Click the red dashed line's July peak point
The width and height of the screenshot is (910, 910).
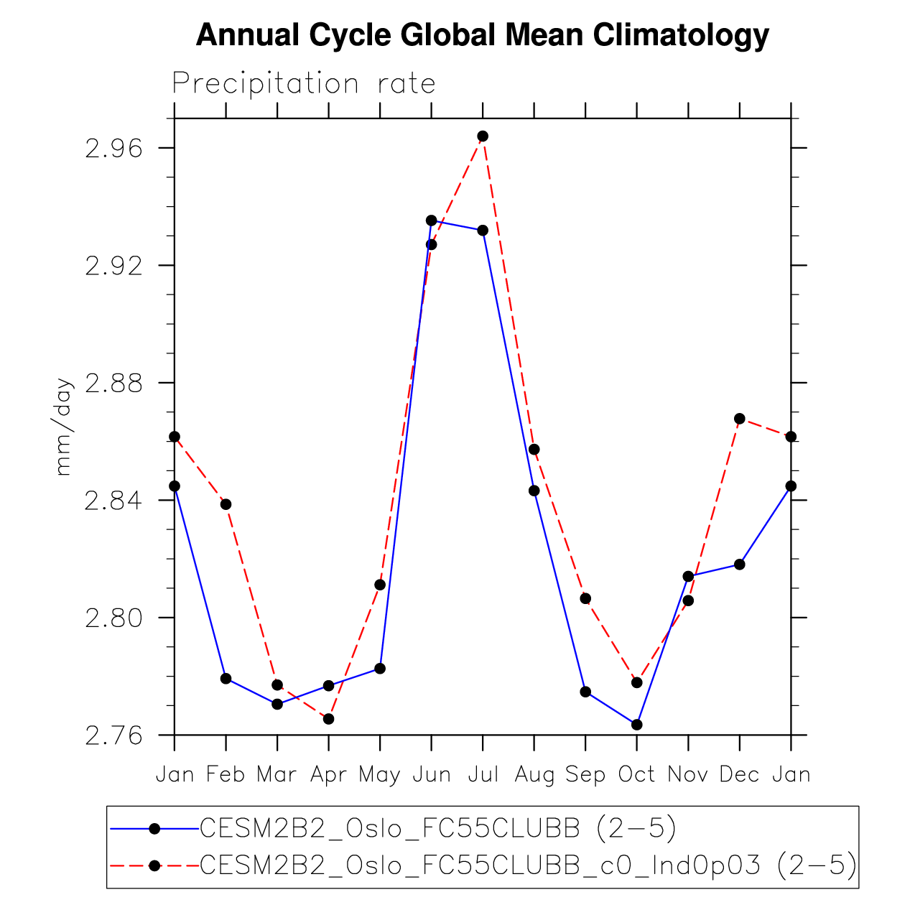(483, 136)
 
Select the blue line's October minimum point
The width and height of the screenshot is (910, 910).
(636, 725)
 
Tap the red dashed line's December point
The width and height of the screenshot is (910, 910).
(740, 419)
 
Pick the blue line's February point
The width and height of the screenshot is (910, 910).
(226, 679)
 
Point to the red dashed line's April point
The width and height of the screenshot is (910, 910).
(329, 719)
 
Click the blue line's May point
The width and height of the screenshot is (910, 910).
(380, 669)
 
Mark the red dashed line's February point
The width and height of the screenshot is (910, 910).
(226, 504)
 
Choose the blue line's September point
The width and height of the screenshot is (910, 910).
(585, 692)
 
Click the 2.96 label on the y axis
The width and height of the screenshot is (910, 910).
(114, 149)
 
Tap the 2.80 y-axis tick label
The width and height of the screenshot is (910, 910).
(114, 618)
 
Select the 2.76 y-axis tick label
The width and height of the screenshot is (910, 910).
(114, 735)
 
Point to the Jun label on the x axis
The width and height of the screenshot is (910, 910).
(432, 774)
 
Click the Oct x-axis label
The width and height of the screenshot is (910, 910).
(636, 774)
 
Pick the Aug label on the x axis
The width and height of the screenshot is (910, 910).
(534, 775)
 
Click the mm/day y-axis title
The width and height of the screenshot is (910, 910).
(65, 427)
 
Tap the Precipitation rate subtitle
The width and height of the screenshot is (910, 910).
(304, 84)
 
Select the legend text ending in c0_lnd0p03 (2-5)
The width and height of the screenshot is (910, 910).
(528, 865)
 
